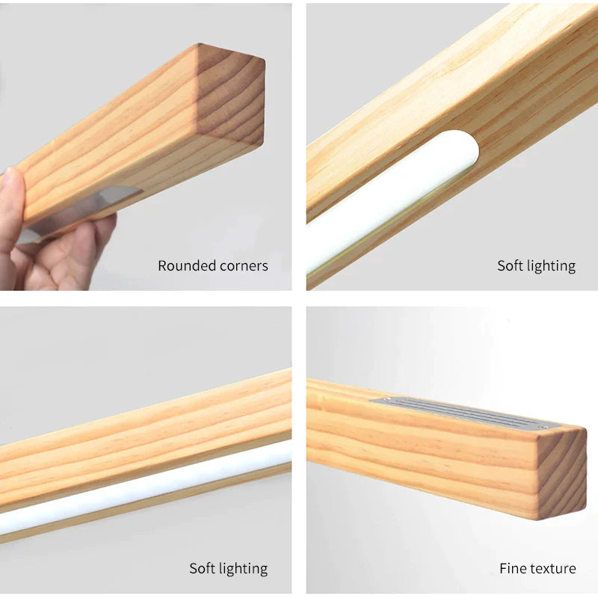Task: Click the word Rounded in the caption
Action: point(185,266)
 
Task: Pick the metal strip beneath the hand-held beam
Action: point(76,214)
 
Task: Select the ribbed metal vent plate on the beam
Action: point(465,412)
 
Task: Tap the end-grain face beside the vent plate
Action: point(562,474)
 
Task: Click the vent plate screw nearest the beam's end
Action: point(546,426)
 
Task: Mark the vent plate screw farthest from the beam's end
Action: point(388,400)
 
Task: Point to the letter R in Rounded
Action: point(163,266)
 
